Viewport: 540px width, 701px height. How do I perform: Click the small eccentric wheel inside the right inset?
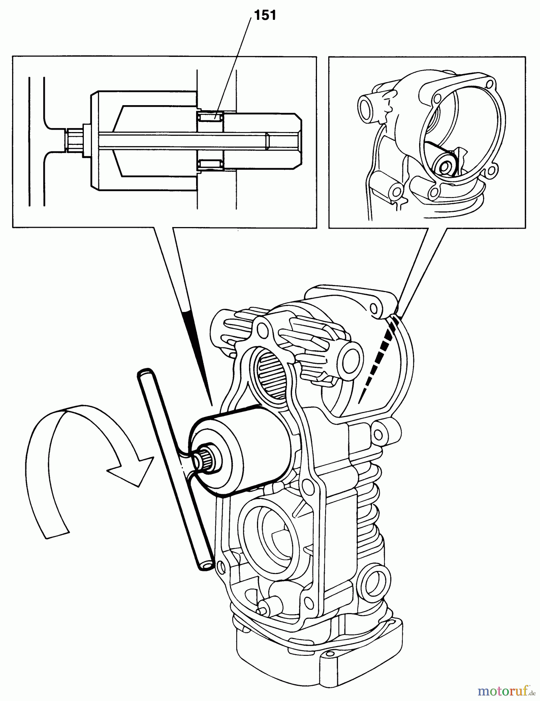coord(445,166)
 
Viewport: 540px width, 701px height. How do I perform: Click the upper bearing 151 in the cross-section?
coord(210,116)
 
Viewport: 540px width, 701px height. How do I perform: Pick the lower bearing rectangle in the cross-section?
coord(210,164)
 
